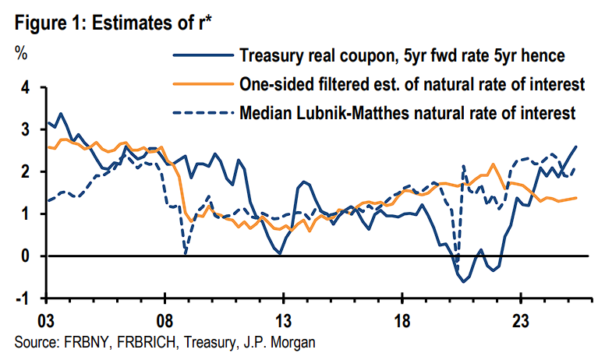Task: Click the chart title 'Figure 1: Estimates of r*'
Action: (x=114, y=23)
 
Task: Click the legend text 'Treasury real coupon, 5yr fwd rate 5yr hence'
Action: (x=409, y=55)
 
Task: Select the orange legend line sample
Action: (x=203, y=84)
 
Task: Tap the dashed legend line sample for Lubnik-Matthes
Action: (x=203, y=113)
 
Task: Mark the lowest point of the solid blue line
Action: (x=464, y=281)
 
